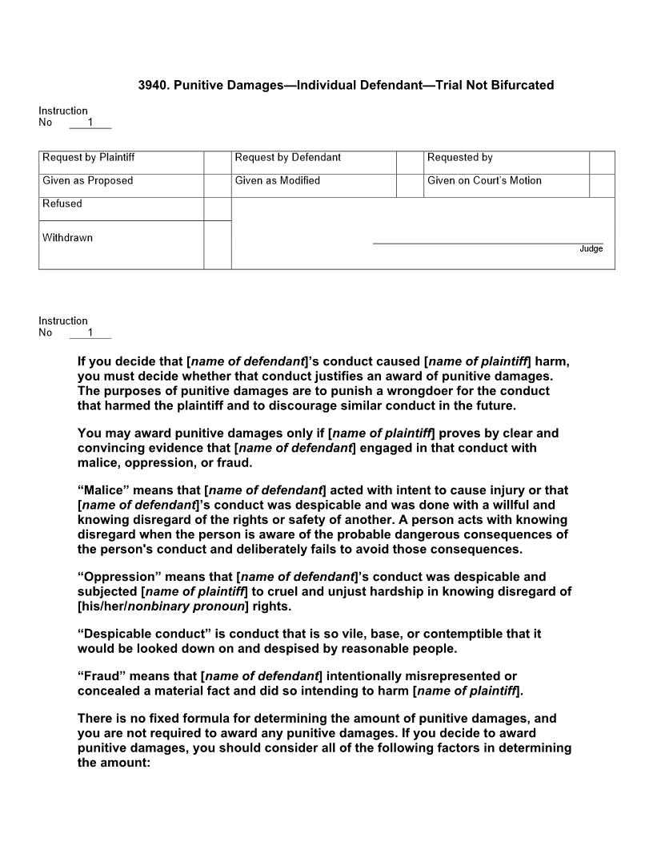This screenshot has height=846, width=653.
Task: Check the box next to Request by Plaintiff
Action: point(217,162)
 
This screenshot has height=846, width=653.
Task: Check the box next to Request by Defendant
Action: point(410,162)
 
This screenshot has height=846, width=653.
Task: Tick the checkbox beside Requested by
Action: point(602,162)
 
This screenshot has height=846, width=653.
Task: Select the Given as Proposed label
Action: point(88,181)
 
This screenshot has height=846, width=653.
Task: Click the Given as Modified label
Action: point(278,181)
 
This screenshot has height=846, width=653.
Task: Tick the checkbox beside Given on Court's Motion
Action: point(602,185)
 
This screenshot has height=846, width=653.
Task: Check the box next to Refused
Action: point(217,208)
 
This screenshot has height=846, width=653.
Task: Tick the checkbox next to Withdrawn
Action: point(217,244)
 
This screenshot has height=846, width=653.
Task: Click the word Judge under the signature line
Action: point(591,249)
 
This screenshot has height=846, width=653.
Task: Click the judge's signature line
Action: point(488,242)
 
